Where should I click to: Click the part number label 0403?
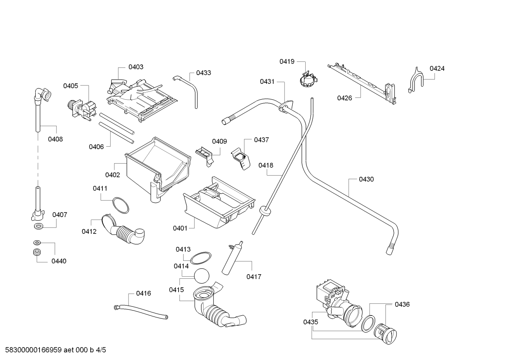pyautogui.click(x=136, y=67)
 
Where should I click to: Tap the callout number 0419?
pyautogui.click(x=287, y=61)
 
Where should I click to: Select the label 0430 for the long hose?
pyautogui.click(x=366, y=179)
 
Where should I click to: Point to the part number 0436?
pyautogui.click(x=402, y=304)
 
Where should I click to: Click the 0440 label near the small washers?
pyautogui.click(x=59, y=261)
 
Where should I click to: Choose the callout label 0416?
pyautogui.click(x=143, y=293)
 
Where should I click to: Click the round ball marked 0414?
pyautogui.click(x=202, y=276)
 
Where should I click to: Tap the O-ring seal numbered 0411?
pyautogui.click(x=120, y=205)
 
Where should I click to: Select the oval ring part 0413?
pyautogui.click(x=200, y=258)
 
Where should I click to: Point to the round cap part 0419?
pyautogui.click(x=308, y=79)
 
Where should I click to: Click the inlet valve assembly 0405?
pyautogui.click(x=82, y=110)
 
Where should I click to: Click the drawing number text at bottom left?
pyautogui.click(x=55, y=350)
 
